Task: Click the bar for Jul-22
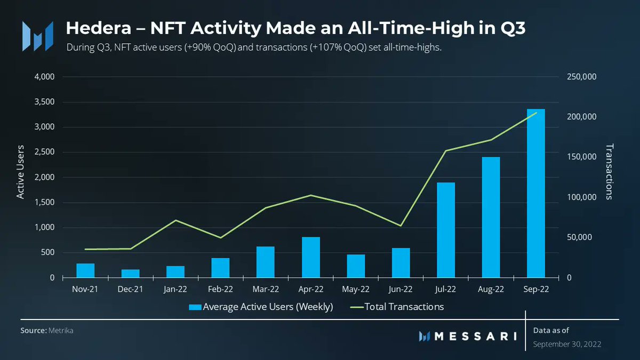pyautogui.click(x=446, y=230)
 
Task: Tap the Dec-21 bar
pyautogui.click(x=130, y=274)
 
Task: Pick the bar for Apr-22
pyautogui.click(x=311, y=257)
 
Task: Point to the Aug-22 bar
pyautogui.click(x=491, y=217)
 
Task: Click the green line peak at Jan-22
pyautogui.click(x=175, y=220)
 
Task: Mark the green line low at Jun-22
pyautogui.click(x=401, y=226)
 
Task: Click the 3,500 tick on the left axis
pyautogui.click(x=44, y=102)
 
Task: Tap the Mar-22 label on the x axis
pyautogui.click(x=266, y=290)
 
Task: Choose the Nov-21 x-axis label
pyautogui.click(x=85, y=290)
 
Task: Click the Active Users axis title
pyautogui.click(x=20, y=172)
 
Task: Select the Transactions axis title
pyautogui.click(x=610, y=172)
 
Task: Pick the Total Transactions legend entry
pyautogui.click(x=397, y=307)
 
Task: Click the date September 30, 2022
pyautogui.click(x=567, y=345)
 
